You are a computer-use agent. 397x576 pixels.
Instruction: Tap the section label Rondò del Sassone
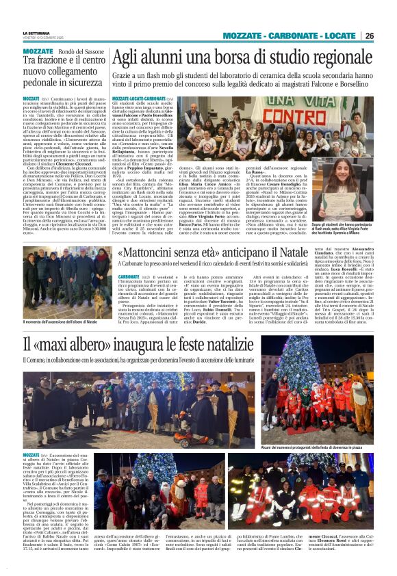[x=78, y=51]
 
